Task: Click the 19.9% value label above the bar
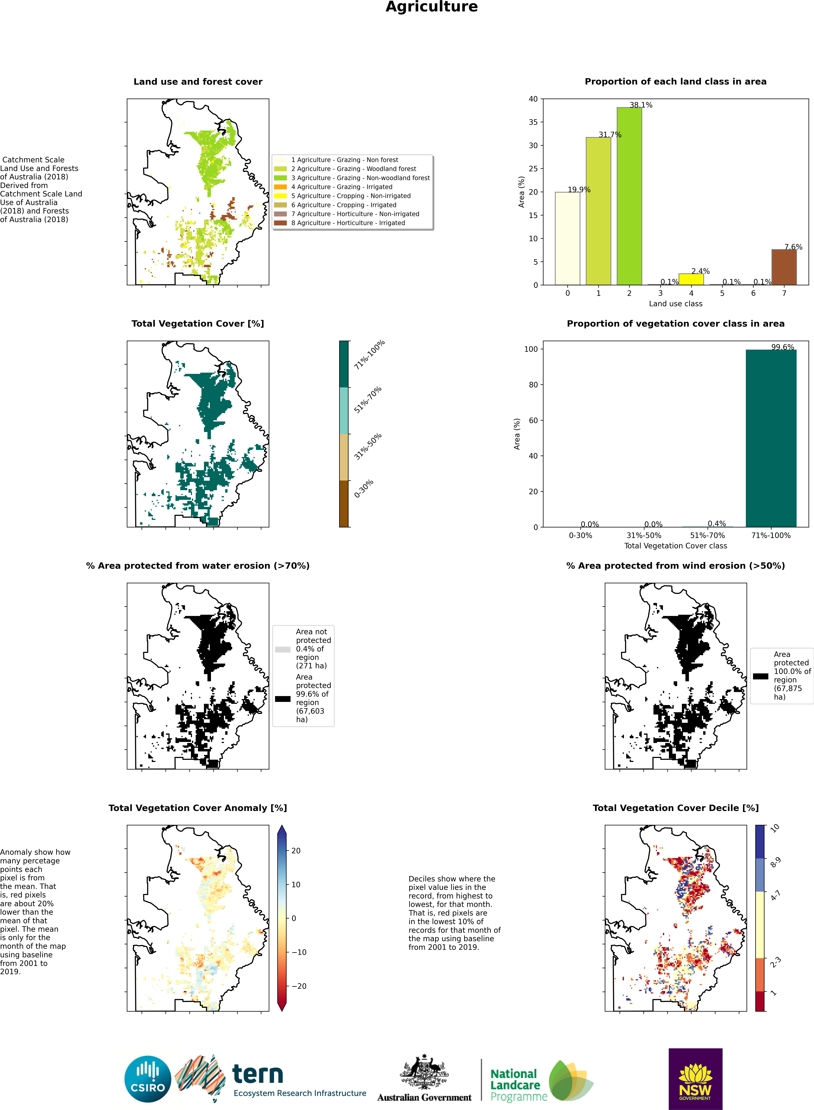pos(579,190)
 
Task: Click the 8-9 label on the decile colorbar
pos(775,862)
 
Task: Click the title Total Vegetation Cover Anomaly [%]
pos(198,808)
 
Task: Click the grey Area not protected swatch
pos(282,649)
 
